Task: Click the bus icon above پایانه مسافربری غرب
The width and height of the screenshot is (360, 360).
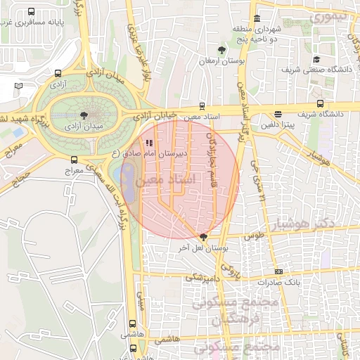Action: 31,13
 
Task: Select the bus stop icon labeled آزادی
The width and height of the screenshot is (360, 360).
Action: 57,73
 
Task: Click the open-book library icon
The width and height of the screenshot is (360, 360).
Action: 18,86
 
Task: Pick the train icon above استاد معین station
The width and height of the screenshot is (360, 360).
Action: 202,105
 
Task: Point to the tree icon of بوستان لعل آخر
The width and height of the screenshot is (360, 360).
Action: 204,238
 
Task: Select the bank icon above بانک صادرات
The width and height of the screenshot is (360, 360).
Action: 279,271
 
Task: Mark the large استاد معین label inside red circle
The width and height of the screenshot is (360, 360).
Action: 181,180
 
